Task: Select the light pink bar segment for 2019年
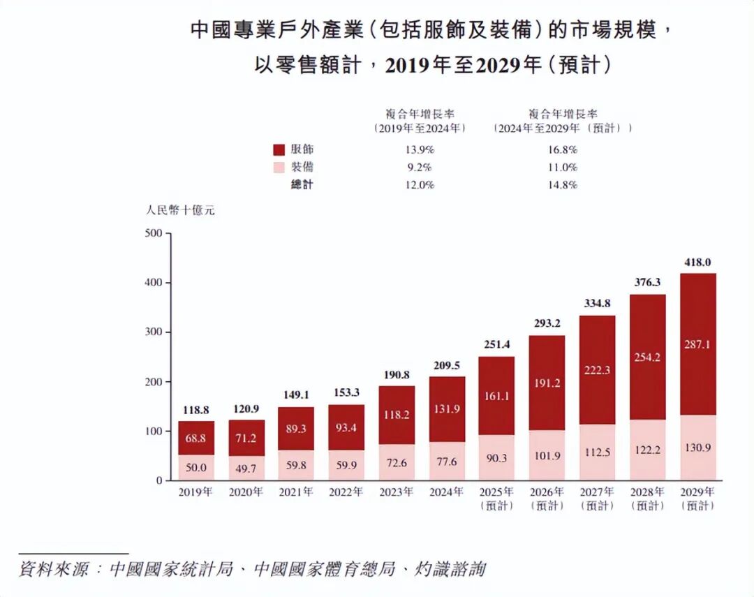pyautogui.click(x=196, y=467)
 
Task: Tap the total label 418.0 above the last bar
pyautogui.click(x=697, y=263)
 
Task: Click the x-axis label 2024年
pyautogui.click(x=446, y=492)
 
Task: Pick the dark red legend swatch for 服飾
pyautogui.click(x=279, y=149)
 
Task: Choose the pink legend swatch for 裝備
pyautogui.click(x=279, y=168)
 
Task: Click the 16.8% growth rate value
pyautogui.click(x=563, y=149)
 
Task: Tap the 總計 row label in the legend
pyautogui.click(x=302, y=185)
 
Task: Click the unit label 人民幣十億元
pyautogui.click(x=180, y=210)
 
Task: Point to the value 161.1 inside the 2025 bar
pyautogui.click(x=496, y=396)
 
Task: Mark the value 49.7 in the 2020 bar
pyautogui.click(x=246, y=467)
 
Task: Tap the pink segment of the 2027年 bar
pyautogui.click(x=597, y=452)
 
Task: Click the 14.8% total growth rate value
pyautogui.click(x=563, y=185)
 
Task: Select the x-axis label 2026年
pyautogui.click(x=547, y=492)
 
